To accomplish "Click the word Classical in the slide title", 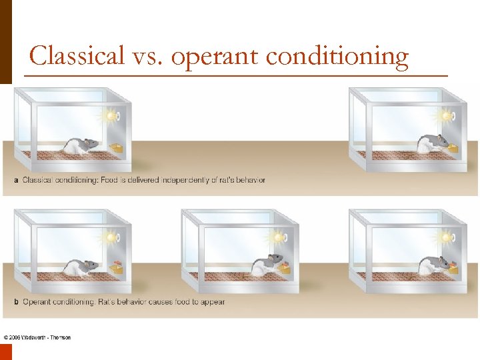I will (77, 55).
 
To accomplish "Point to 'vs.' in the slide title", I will (147, 57).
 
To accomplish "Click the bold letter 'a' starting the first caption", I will (16, 180).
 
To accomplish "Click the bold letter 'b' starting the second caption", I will (16, 302).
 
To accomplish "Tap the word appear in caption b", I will (211, 302).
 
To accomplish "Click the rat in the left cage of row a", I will (81, 145).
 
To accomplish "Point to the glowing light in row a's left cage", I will (111, 116).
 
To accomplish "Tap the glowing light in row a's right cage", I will (444, 116).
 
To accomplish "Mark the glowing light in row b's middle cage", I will (277, 237).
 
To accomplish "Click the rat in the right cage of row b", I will (433, 265).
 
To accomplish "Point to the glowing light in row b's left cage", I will (111, 237).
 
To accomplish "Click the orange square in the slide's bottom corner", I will (6, 351).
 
